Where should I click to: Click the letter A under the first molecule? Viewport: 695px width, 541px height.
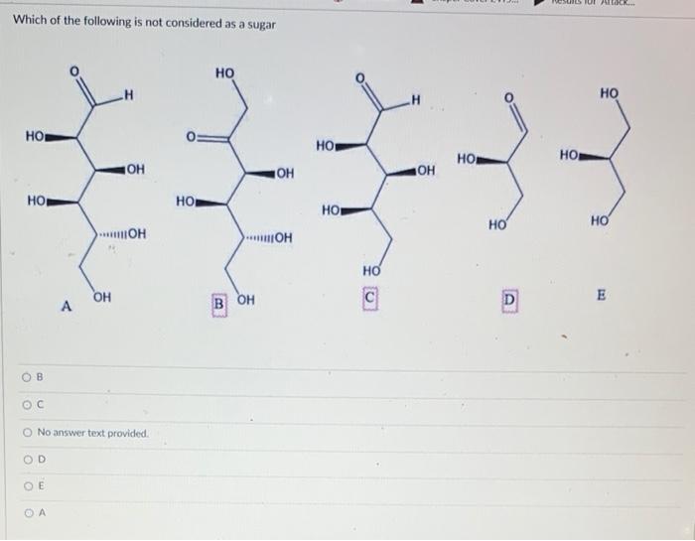pos(67,308)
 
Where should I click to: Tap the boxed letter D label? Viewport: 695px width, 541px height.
pos(509,299)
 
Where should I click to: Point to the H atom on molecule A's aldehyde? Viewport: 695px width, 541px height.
pos(128,95)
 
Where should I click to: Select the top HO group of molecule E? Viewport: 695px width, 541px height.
pos(609,93)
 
